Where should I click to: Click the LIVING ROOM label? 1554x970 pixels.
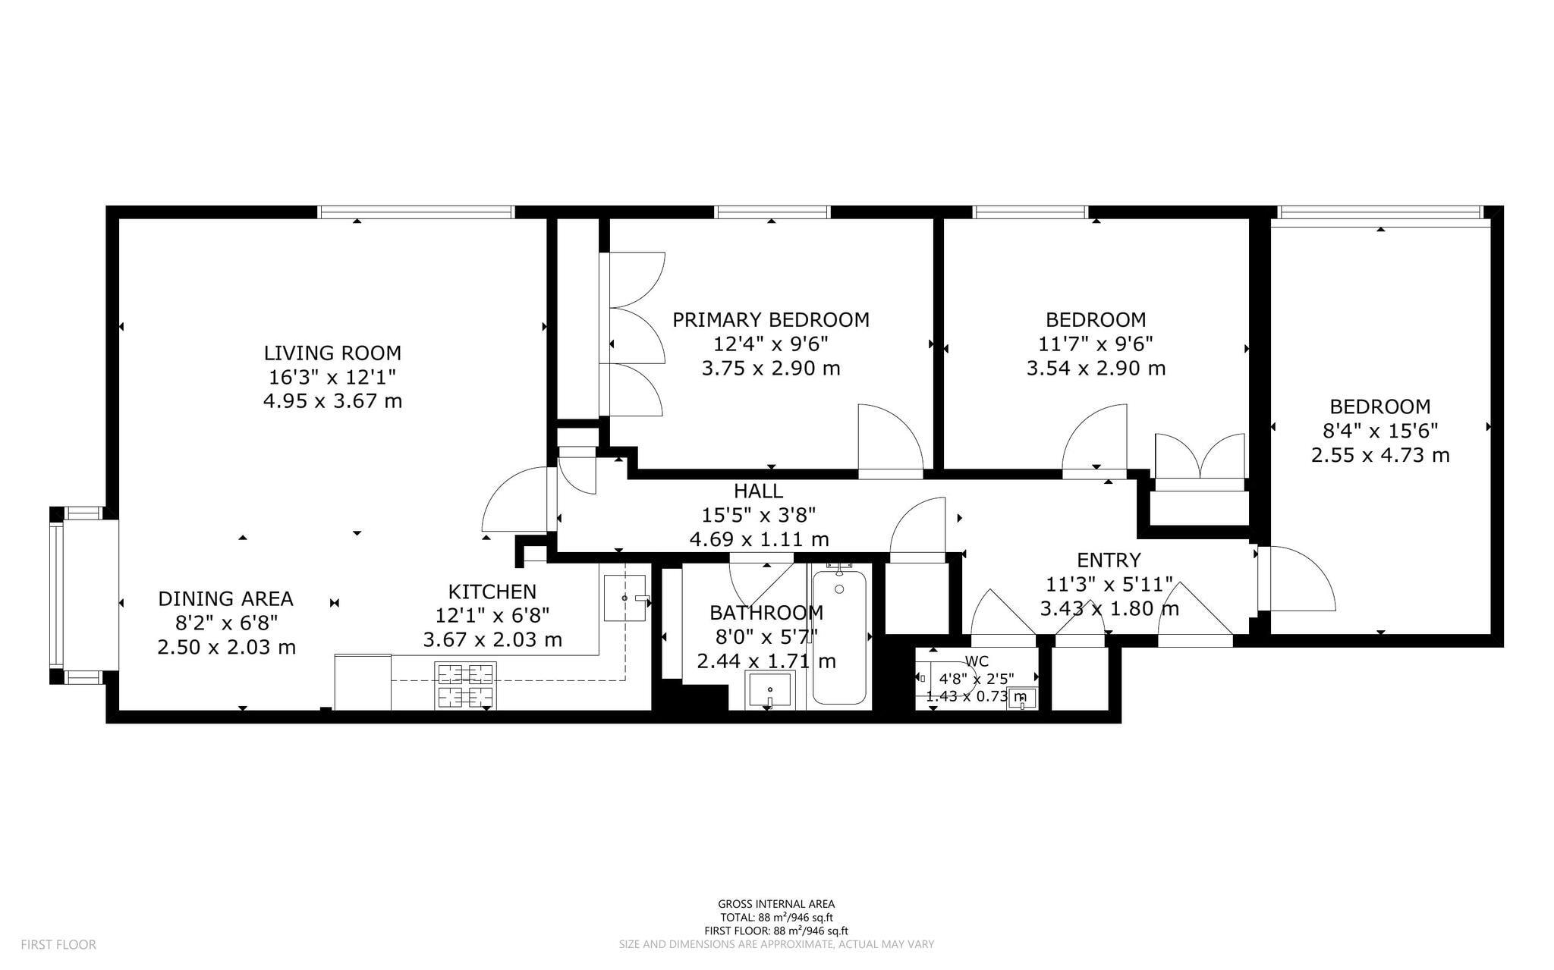332,353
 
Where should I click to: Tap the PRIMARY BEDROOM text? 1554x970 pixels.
770,319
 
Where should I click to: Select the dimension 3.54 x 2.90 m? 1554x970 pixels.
1095,369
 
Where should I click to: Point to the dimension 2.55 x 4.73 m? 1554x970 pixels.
1379,455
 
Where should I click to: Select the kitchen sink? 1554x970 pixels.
624,598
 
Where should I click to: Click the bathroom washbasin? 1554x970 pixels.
769,690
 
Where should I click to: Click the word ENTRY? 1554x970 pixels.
1108,560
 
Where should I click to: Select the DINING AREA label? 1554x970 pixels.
225,598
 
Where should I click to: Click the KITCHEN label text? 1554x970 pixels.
492,592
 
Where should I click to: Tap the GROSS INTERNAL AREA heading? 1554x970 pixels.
775,903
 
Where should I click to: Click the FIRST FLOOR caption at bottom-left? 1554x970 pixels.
58,944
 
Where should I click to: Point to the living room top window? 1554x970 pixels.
415,212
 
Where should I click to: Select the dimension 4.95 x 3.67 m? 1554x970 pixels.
332,401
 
